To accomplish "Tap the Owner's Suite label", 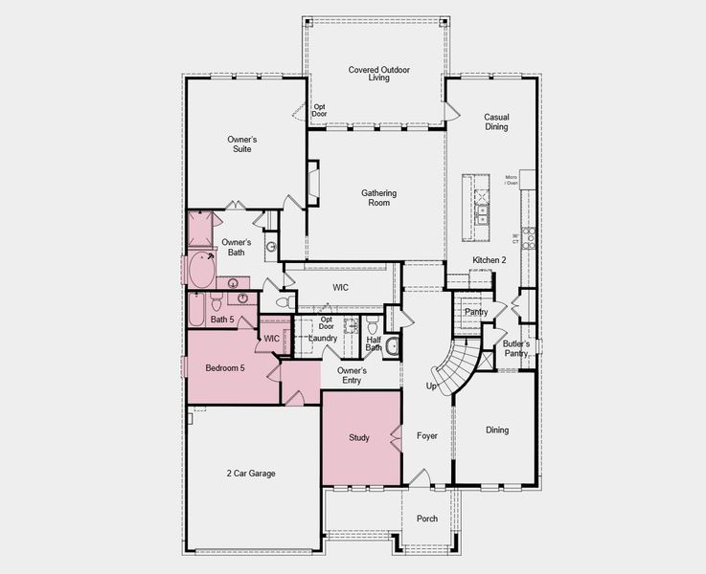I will click(x=241, y=143).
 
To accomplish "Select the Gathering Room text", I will click(x=378, y=198).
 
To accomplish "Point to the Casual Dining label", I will click(x=496, y=121).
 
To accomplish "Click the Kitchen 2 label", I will click(x=489, y=260).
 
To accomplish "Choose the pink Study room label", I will click(x=358, y=438).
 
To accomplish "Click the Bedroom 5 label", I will click(x=226, y=367).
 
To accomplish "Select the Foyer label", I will click(x=427, y=435).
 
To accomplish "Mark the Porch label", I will click(x=427, y=519).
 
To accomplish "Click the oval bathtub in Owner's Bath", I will click(x=202, y=271).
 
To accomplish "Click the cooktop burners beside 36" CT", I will click(x=528, y=238).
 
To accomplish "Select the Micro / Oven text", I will click(x=512, y=181).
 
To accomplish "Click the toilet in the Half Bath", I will click(x=393, y=346).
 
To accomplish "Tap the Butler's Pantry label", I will click(x=515, y=348).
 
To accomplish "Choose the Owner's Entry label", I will click(x=353, y=375).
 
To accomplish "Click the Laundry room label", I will click(x=323, y=338).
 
